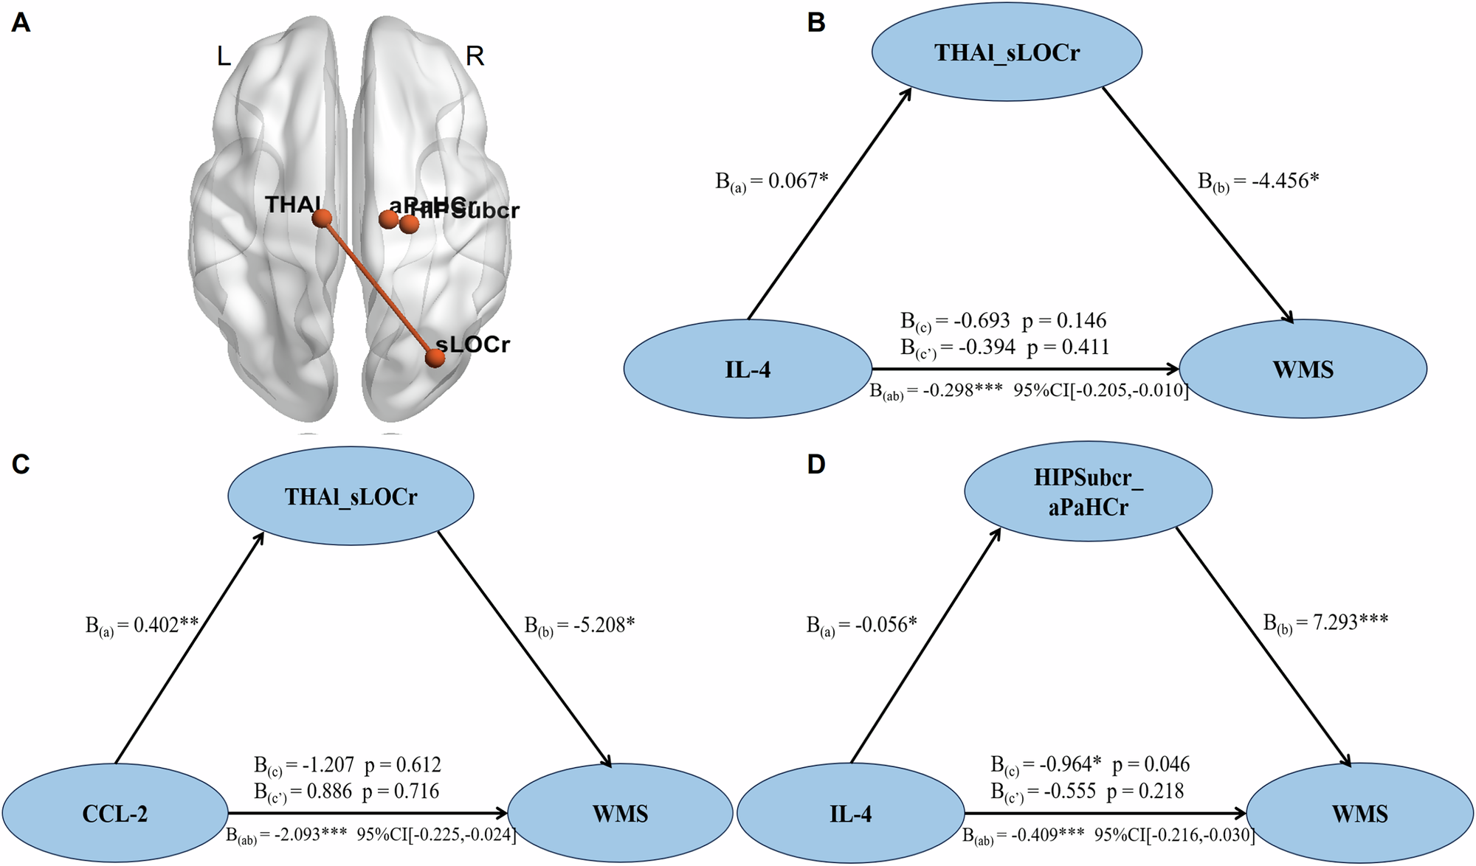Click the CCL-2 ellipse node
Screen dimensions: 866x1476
[114, 814]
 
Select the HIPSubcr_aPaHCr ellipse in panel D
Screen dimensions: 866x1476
[1088, 492]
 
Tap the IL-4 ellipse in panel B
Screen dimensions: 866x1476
[748, 369]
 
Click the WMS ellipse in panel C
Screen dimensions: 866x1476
[620, 814]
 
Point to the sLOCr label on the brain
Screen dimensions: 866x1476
[473, 344]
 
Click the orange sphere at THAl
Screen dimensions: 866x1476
[321, 218]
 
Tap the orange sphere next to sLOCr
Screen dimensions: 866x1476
[435, 358]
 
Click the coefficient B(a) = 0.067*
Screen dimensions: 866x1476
[772, 181]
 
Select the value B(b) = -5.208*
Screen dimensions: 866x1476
[579, 626]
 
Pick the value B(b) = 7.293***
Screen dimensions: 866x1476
[1325, 623]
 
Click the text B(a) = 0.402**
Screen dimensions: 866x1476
[142, 626]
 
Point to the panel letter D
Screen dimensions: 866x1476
[815, 465]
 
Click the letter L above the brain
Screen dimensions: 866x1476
[224, 56]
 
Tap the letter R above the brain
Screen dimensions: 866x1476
[475, 56]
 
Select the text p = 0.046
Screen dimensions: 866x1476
[1151, 764]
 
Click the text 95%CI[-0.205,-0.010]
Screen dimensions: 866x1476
[1100, 390]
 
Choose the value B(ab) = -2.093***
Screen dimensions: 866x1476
[286, 835]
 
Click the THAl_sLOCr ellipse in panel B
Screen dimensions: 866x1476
[1007, 52]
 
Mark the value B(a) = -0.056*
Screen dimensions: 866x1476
[861, 626]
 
